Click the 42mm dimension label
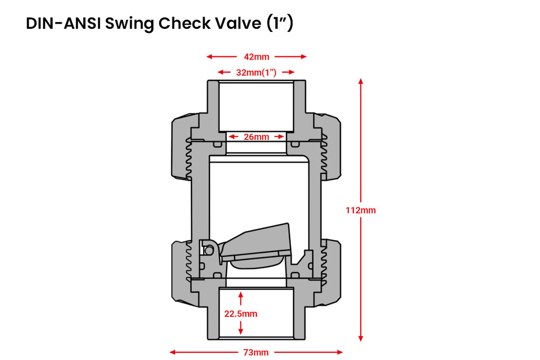tap(256, 57)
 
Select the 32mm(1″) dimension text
tap(256, 73)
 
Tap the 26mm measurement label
tap(256, 137)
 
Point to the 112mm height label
tap(361, 210)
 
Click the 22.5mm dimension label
tap(241, 313)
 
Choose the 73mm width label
tap(256, 352)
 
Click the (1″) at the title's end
tap(280, 24)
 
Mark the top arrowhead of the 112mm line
tap(361, 81)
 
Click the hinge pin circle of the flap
tap(209, 250)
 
